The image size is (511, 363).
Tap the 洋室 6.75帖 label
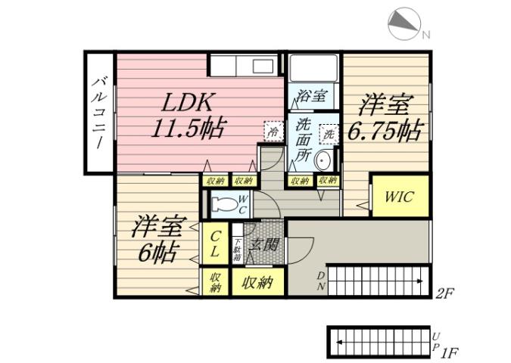(384, 117)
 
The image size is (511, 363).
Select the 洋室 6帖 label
(157, 237)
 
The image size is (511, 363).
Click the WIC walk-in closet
(397, 197)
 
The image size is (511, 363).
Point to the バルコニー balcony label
(99, 113)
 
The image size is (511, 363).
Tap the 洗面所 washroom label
(303, 139)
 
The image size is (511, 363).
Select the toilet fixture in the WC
(225, 203)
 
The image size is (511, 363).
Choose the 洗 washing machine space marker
(329, 134)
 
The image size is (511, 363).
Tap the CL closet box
(216, 243)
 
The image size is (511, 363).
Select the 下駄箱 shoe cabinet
(238, 249)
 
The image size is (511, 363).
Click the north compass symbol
(406, 26)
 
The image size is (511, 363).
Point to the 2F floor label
(447, 291)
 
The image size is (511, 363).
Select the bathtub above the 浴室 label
(313, 68)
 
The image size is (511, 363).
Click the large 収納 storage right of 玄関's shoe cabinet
(257, 283)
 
